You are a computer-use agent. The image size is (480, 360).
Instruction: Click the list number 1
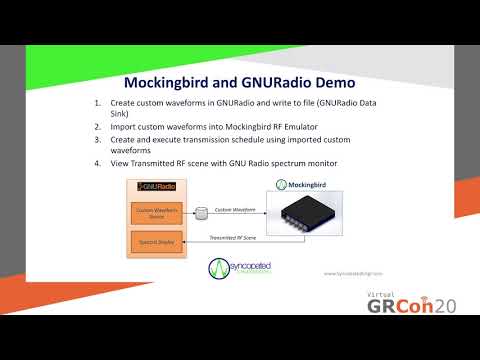[x=97, y=104]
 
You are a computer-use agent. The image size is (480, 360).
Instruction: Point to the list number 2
[x=97, y=126]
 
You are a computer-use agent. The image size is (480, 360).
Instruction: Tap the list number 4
[x=97, y=162]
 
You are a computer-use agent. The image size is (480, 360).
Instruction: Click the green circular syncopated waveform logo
[x=220, y=269]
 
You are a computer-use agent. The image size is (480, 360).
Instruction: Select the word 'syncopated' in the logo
[x=252, y=265]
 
